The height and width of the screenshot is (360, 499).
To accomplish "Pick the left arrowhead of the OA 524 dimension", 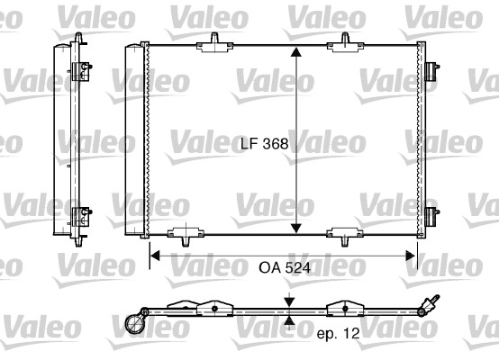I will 154,256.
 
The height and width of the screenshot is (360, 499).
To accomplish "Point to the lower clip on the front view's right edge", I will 431,216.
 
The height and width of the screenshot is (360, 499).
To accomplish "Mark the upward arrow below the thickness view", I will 288,319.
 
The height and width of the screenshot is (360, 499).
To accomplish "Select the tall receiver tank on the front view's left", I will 132,139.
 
